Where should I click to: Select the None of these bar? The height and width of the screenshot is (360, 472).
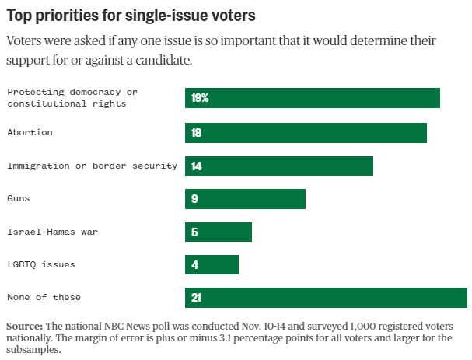(x=326, y=298)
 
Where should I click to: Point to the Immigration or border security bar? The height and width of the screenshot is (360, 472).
(x=279, y=166)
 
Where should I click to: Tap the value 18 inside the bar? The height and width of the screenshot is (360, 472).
(x=196, y=133)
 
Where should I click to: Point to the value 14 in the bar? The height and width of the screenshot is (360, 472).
(x=196, y=166)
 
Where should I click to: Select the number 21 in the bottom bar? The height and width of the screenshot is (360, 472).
(x=196, y=298)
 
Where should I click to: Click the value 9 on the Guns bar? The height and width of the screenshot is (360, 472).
(x=194, y=199)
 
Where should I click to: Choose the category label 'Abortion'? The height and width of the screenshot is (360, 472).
(x=30, y=132)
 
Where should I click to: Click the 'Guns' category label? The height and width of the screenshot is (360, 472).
(x=19, y=198)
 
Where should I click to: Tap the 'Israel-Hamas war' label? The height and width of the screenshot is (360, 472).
(x=52, y=231)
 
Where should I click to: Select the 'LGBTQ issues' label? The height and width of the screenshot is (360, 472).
(x=41, y=264)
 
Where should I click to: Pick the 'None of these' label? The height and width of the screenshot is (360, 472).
(x=44, y=297)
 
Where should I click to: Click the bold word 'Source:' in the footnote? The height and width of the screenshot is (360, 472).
(x=24, y=325)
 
